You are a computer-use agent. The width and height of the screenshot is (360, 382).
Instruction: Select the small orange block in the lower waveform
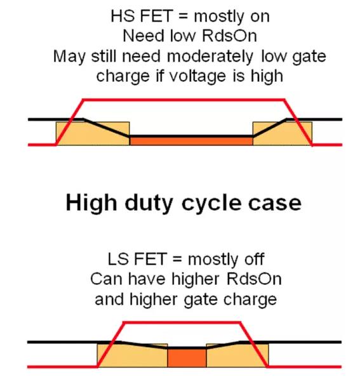[186, 357]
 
